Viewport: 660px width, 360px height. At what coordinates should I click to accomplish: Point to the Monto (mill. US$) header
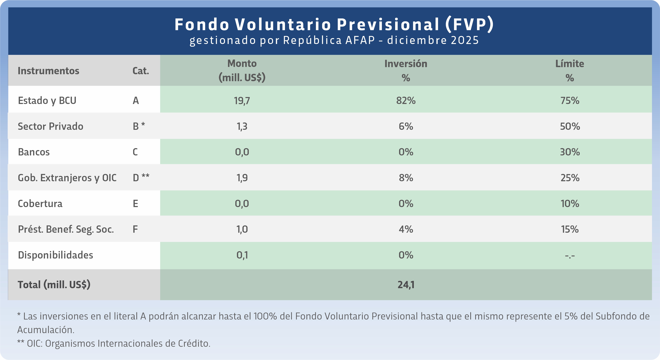pyautogui.click(x=242, y=71)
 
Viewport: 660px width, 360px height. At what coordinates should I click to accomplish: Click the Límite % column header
pyautogui.click(x=570, y=71)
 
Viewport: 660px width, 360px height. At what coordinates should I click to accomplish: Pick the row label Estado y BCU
pyautogui.click(x=47, y=100)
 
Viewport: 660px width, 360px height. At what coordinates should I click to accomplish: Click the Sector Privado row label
pyautogui.click(x=51, y=126)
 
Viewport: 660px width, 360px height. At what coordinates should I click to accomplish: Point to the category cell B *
pyautogui.click(x=139, y=126)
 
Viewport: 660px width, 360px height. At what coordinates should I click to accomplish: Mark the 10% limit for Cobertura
pyautogui.click(x=570, y=204)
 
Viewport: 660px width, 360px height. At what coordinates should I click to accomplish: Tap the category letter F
pyautogui.click(x=135, y=229)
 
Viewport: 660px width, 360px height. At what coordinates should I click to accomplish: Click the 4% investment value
pyautogui.click(x=406, y=229)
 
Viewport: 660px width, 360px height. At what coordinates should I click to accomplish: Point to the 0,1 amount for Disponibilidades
pyautogui.click(x=242, y=255)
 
